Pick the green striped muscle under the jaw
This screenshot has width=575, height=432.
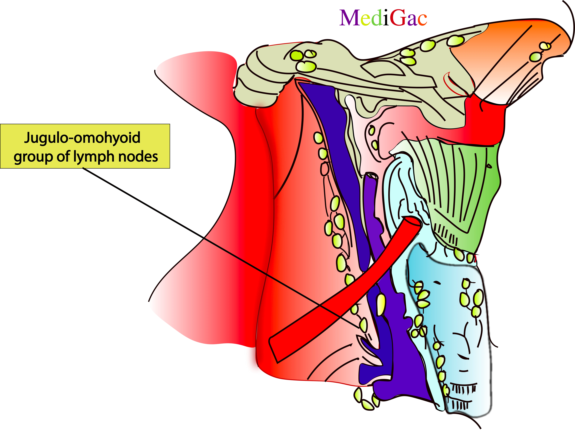tap(463, 182)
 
